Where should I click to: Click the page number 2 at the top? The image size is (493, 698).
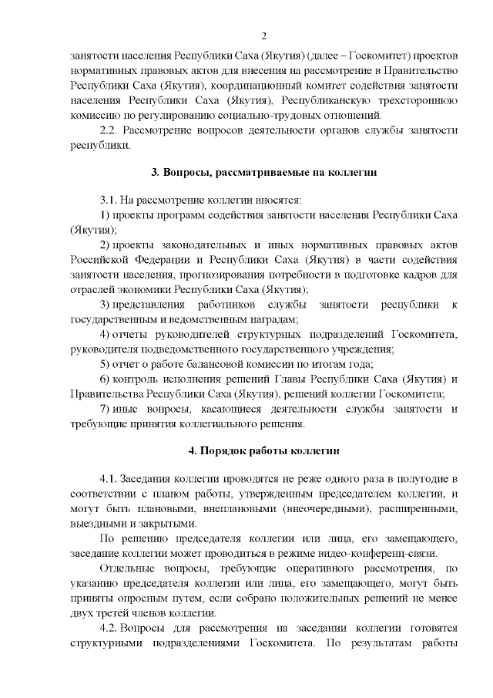click(264, 36)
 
